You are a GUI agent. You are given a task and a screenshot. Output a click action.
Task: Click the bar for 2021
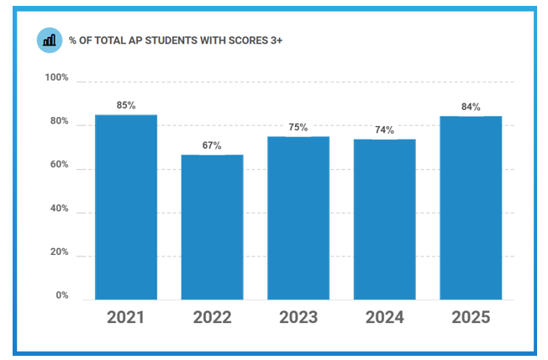pyautogui.click(x=126, y=207)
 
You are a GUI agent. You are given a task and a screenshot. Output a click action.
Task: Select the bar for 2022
pyautogui.click(x=212, y=227)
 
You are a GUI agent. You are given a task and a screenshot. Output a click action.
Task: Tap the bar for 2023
pyautogui.click(x=298, y=218)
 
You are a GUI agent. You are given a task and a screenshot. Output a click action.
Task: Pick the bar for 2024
pyautogui.click(x=384, y=219)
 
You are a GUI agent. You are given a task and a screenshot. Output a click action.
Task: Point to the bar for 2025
pyautogui.click(x=471, y=208)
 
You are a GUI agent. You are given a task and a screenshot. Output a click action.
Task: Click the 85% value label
pyautogui.click(x=126, y=105)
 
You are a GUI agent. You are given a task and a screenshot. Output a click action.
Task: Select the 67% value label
pyautogui.click(x=212, y=146)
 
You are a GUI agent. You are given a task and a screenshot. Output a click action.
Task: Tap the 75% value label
pyautogui.click(x=298, y=127)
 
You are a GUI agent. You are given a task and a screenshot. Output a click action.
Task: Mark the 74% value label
pyautogui.click(x=384, y=130)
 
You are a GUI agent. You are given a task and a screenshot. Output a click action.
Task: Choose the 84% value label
pyautogui.click(x=471, y=107)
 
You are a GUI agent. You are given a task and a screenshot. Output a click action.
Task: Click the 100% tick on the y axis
pyautogui.click(x=56, y=77)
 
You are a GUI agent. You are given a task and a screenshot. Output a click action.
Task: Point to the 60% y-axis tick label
pyautogui.click(x=58, y=165)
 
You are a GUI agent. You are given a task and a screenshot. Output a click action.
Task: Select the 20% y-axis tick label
pyautogui.click(x=58, y=252)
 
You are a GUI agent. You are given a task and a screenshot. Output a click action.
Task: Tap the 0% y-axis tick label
pyautogui.click(x=62, y=296)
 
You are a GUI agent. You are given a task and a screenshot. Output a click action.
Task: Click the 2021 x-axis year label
pyautogui.click(x=126, y=317)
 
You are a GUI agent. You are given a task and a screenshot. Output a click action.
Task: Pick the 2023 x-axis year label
pyautogui.click(x=298, y=317)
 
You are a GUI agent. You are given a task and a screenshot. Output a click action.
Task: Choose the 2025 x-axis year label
pyautogui.click(x=471, y=317)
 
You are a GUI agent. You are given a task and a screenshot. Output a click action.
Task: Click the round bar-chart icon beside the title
pyautogui.click(x=50, y=40)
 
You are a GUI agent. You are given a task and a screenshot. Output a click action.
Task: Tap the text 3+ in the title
pyautogui.click(x=277, y=40)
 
